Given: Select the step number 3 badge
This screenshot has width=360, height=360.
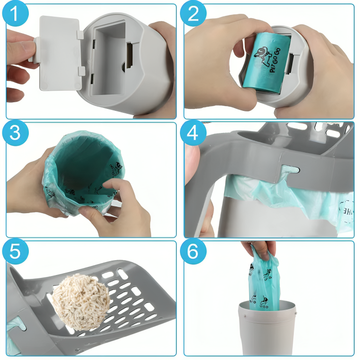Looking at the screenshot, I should (16, 133).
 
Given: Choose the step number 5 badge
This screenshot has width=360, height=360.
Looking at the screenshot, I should (16, 252).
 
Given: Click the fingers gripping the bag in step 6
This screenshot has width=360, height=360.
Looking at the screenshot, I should (259, 249).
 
